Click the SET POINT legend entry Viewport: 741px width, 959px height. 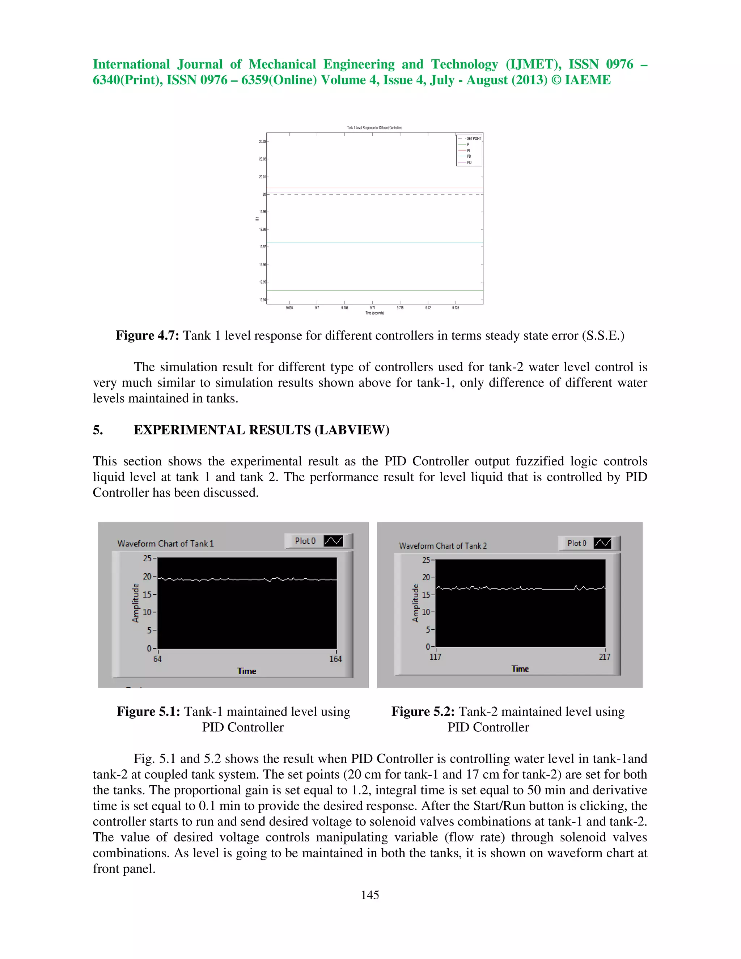(473, 138)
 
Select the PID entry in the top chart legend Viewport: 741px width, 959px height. (469, 162)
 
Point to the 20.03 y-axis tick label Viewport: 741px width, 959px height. (262, 141)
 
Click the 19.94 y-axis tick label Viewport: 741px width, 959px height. (262, 300)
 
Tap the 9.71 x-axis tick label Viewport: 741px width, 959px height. (372, 308)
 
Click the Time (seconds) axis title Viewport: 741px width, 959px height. (374, 313)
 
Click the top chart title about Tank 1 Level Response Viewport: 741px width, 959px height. (374, 128)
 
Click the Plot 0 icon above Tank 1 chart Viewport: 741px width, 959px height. (333, 541)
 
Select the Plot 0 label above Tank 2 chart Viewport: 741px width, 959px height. (576, 543)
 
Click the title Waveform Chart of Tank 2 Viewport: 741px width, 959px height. (443, 546)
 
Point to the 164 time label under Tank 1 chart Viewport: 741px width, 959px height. (335, 659)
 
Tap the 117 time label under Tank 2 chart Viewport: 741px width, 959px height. (435, 657)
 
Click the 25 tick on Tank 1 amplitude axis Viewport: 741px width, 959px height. (147, 558)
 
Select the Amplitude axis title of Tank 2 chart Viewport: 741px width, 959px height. (415, 603)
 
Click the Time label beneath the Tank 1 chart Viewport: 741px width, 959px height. (247, 671)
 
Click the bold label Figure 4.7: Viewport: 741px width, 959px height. (147, 335)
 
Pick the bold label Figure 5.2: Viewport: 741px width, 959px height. (423, 711)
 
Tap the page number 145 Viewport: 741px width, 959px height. (370, 895)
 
